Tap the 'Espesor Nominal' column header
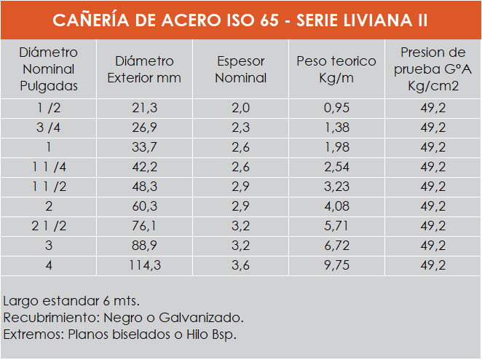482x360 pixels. pos(241,69)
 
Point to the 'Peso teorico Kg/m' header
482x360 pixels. pos(336,69)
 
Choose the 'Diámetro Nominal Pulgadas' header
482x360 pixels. pos(48,69)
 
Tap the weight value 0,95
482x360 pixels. pos(336,108)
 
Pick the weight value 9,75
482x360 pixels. pos(336,265)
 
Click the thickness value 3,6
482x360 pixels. pos(241,265)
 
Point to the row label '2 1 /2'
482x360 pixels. pos(48,226)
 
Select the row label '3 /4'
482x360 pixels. pos(48,128)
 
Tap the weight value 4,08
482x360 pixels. pos(336,206)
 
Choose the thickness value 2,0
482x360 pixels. pos(241,108)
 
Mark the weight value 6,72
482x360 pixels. pos(336,246)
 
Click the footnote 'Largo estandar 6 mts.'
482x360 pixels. pos(71,300)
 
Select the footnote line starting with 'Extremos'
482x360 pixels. pos(120,335)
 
